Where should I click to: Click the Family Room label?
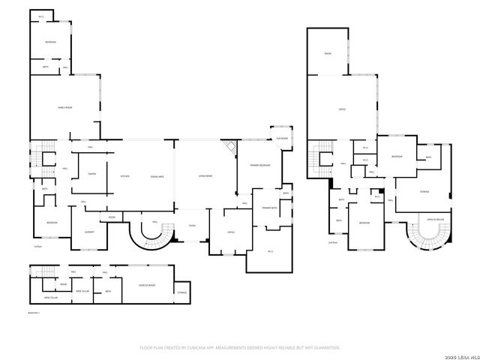point(64,108)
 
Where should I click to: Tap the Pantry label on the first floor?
point(91,174)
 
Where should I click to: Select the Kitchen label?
point(125,176)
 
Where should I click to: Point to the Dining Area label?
point(157,176)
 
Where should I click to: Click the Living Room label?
point(205,176)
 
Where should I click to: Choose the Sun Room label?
point(282,138)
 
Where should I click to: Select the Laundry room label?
point(88,232)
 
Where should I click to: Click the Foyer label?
point(192,225)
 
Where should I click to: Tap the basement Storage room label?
point(181,292)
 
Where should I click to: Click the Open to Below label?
point(435,220)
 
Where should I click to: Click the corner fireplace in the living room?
point(229,147)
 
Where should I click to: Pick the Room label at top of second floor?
point(328,54)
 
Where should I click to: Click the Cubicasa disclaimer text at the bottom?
point(240,347)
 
